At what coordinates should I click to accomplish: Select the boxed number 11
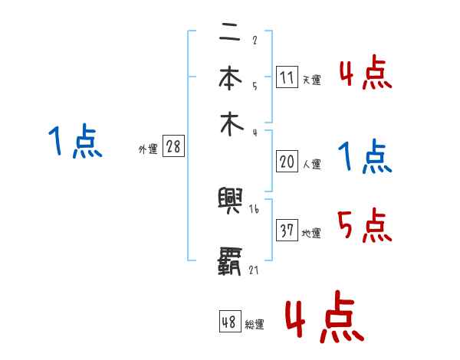(287, 77)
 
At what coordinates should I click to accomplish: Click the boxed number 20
(287, 162)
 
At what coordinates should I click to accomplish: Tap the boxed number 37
(287, 231)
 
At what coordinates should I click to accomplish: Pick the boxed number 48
(229, 322)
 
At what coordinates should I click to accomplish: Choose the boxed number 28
(173, 147)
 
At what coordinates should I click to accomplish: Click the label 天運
(311, 80)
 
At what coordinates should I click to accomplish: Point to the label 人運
(311, 164)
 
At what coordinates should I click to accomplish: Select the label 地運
(311, 233)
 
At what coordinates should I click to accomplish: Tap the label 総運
(254, 325)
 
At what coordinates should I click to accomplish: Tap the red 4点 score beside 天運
(365, 75)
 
